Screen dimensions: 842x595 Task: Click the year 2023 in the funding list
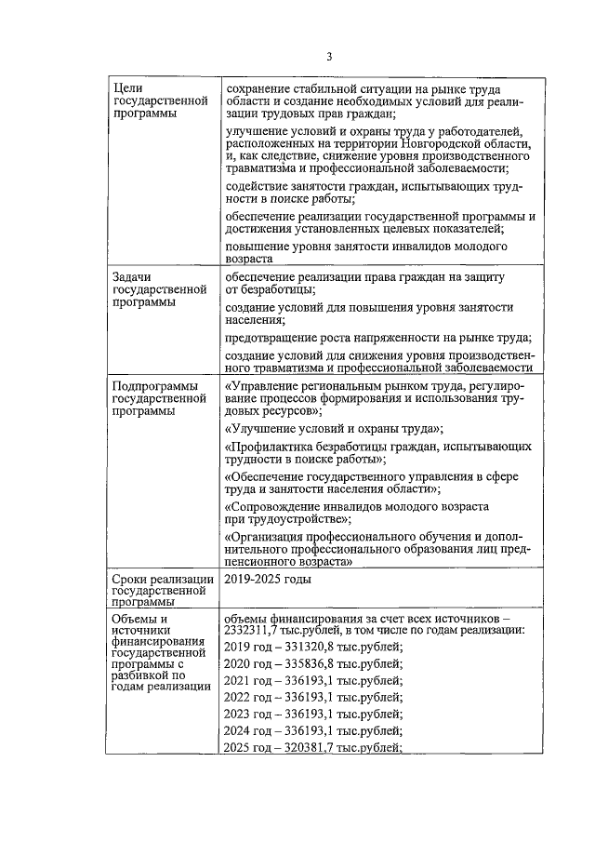pos(239,714)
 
